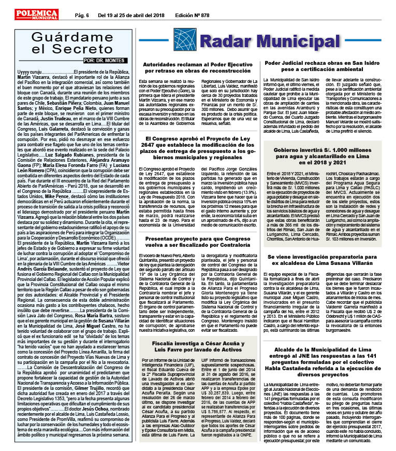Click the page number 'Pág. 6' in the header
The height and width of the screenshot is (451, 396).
[85, 16]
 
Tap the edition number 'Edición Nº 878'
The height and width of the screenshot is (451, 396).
[192, 16]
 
